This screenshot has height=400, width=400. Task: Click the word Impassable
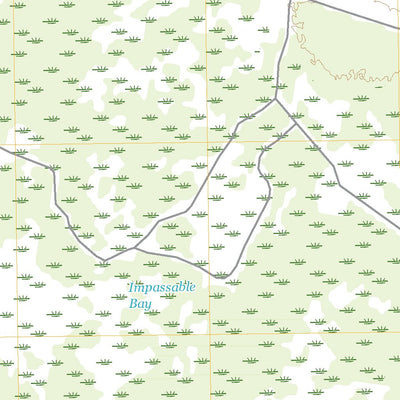tap(161, 288)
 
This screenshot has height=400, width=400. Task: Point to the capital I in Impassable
tap(130, 288)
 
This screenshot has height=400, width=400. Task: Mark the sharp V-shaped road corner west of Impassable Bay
tap(104, 263)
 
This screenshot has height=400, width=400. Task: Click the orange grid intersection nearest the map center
tap(209, 142)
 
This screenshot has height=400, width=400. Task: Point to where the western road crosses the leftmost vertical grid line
tap(14, 154)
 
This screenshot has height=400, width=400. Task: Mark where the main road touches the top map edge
tap(291, 2)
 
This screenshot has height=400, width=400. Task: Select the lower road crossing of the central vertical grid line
tap(209, 267)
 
